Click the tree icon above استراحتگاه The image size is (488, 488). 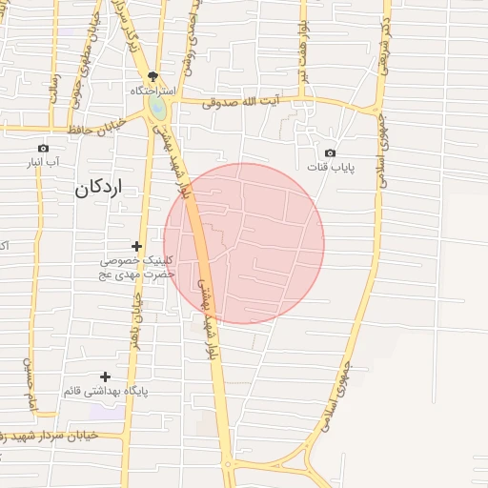[x=152, y=76]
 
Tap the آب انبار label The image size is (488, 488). [x=44, y=163]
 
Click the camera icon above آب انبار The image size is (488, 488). [x=42, y=148]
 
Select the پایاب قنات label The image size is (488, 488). [x=330, y=168]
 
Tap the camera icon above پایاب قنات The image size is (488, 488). [x=330, y=152]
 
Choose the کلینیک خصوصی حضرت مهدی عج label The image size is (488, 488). [x=139, y=267]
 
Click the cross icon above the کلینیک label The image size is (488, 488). [x=136, y=246]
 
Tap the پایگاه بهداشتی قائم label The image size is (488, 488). [x=107, y=392]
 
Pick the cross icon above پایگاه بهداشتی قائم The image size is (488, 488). [x=105, y=376]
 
